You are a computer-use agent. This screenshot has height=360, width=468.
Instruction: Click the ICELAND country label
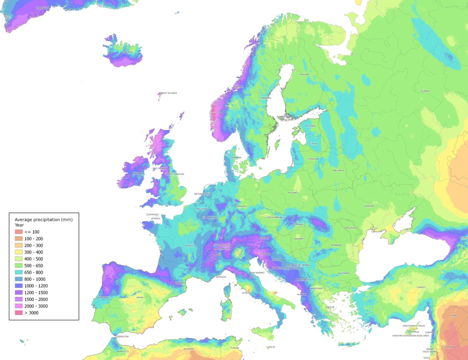pos(127,52)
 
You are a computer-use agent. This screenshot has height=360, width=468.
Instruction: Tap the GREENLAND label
pos(43,8)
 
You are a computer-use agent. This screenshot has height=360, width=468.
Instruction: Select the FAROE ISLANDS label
pos(168,93)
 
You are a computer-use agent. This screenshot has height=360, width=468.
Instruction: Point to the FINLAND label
pos(304,74)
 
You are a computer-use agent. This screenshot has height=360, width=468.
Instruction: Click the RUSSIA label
pos(425,91)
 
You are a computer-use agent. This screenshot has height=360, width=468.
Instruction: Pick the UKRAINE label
pos(369,206)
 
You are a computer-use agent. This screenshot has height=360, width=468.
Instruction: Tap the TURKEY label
pos(421,287)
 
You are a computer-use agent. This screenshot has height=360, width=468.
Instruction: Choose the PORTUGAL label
pos(104,298)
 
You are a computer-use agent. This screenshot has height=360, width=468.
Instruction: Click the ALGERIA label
pos(188,349)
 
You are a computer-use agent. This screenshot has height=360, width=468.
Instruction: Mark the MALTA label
pos(271,347)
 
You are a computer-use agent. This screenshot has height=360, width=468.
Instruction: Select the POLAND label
pos(292,192)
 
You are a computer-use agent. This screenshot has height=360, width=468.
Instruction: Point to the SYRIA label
pos(453,315)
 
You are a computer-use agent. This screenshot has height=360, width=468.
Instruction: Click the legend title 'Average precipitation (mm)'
pos(44,220)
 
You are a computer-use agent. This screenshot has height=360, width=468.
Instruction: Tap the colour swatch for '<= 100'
pos(19,232)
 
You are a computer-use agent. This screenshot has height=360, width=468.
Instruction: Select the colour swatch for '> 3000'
pos(19,313)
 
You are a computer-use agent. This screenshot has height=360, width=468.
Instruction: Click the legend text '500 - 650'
pos(34,266)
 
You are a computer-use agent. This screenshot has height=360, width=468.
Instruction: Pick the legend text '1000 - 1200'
pos(36,286)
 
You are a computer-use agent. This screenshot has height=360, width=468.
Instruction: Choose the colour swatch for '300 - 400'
pos(19,252)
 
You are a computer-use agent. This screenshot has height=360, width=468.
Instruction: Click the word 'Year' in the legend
pos(19,225)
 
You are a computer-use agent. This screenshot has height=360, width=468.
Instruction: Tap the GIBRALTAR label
pos(122,337)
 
